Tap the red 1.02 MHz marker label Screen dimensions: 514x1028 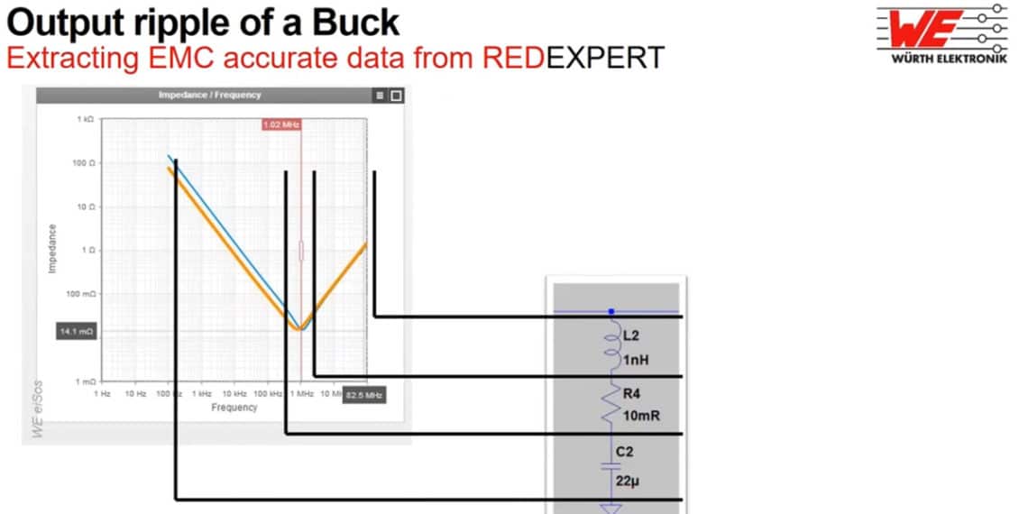281,124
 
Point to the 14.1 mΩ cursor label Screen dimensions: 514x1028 77,332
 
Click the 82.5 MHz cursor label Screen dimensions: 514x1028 364,395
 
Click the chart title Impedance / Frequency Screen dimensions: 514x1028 209,95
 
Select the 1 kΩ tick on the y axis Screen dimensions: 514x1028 86,119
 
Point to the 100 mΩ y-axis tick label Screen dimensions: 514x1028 82,294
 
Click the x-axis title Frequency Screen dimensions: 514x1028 234,408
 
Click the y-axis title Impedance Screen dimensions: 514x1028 52,249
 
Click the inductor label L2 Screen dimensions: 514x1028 631,335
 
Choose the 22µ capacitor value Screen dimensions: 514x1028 629,482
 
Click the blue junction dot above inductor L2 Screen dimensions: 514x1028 612,311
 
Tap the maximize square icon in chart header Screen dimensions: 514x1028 396,95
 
